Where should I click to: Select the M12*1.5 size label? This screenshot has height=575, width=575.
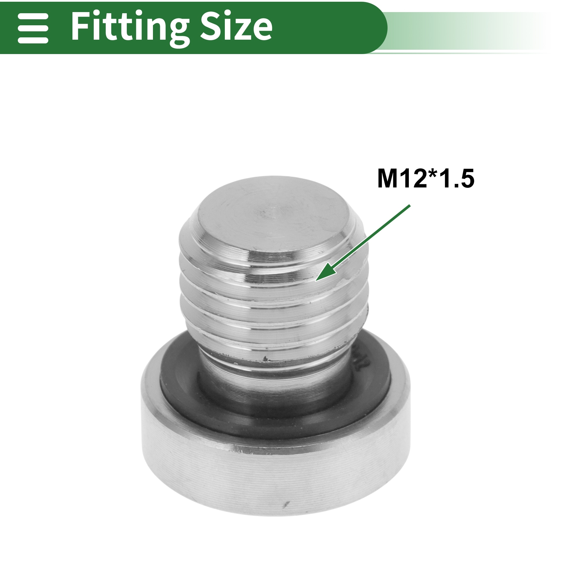pos(425,179)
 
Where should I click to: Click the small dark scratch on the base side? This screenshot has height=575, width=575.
pos(287,504)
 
